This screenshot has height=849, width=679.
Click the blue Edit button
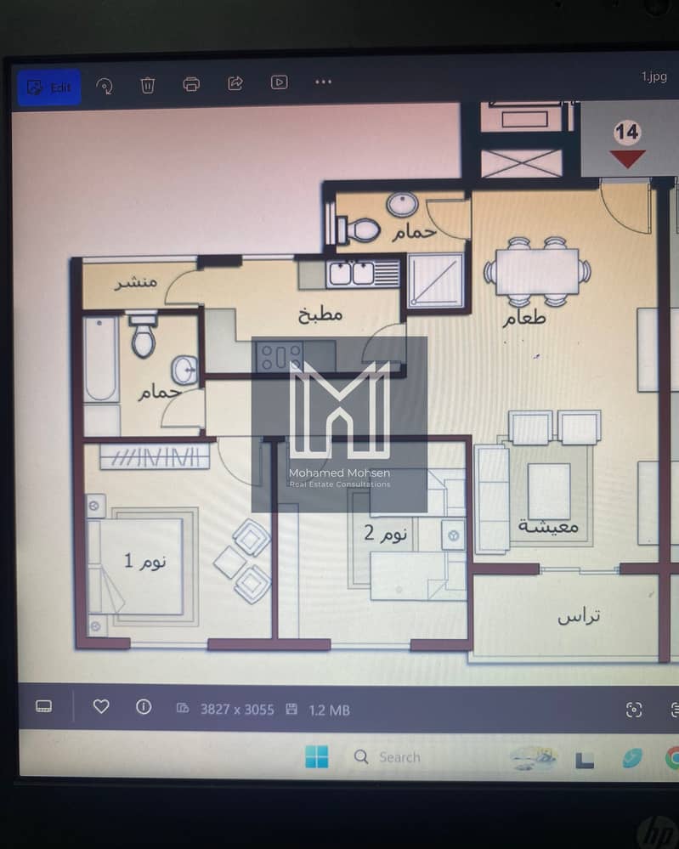pyautogui.click(x=48, y=88)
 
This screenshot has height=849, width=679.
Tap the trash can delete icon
pyautogui.click(x=147, y=85)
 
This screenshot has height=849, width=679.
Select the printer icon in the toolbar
pyautogui.click(x=191, y=84)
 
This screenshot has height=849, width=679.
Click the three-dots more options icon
pyautogui.click(x=323, y=82)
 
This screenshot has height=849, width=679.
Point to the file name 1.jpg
pyautogui.click(x=654, y=76)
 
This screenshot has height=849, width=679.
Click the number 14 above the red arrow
pyautogui.click(x=627, y=133)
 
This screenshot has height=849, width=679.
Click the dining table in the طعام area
pyautogui.click(x=537, y=271)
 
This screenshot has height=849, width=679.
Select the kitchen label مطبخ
pyautogui.click(x=320, y=314)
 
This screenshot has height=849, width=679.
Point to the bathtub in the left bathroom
pyautogui.click(x=101, y=359)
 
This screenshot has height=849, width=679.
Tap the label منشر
pyautogui.click(x=135, y=281)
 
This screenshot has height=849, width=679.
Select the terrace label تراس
pyautogui.click(x=579, y=616)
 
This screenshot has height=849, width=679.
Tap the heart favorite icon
pyautogui.click(x=101, y=706)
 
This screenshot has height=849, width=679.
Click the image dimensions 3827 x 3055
pyautogui.click(x=237, y=710)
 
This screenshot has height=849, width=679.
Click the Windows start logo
pyautogui.click(x=317, y=756)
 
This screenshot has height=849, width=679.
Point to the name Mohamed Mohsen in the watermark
pyautogui.click(x=340, y=473)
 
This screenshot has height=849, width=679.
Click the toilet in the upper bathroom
pyautogui.click(x=359, y=229)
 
